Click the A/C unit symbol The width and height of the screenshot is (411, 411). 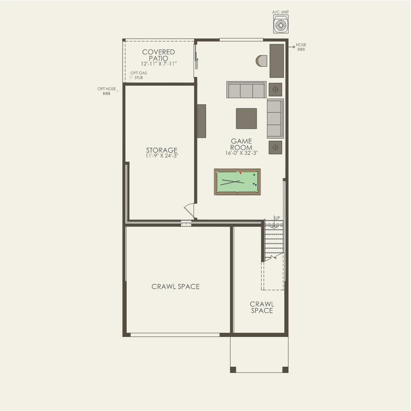point(281,24)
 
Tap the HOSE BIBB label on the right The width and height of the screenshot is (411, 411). point(301,47)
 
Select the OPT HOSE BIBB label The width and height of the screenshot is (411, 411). point(106,91)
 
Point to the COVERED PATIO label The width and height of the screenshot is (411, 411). point(159,55)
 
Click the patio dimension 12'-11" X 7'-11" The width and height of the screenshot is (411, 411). point(159,64)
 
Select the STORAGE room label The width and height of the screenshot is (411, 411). point(161,150)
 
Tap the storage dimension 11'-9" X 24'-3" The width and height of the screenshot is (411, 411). point(161,156)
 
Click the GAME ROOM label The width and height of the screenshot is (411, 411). point(241,144)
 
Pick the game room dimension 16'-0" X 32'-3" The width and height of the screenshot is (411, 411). point(241,153)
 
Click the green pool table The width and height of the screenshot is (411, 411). point(237,181)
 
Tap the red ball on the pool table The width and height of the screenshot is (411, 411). point(240,173)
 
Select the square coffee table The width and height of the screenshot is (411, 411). point(246,118)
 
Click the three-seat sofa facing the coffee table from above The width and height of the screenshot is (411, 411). point(246,90)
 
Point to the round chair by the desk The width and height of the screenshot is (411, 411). point(262,61)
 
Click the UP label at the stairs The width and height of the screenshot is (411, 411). point(277,218)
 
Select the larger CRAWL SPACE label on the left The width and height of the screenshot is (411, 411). point(175,286)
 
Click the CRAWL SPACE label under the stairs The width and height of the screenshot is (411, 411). point(262,308)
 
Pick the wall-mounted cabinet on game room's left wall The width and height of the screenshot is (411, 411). point(202,121)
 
